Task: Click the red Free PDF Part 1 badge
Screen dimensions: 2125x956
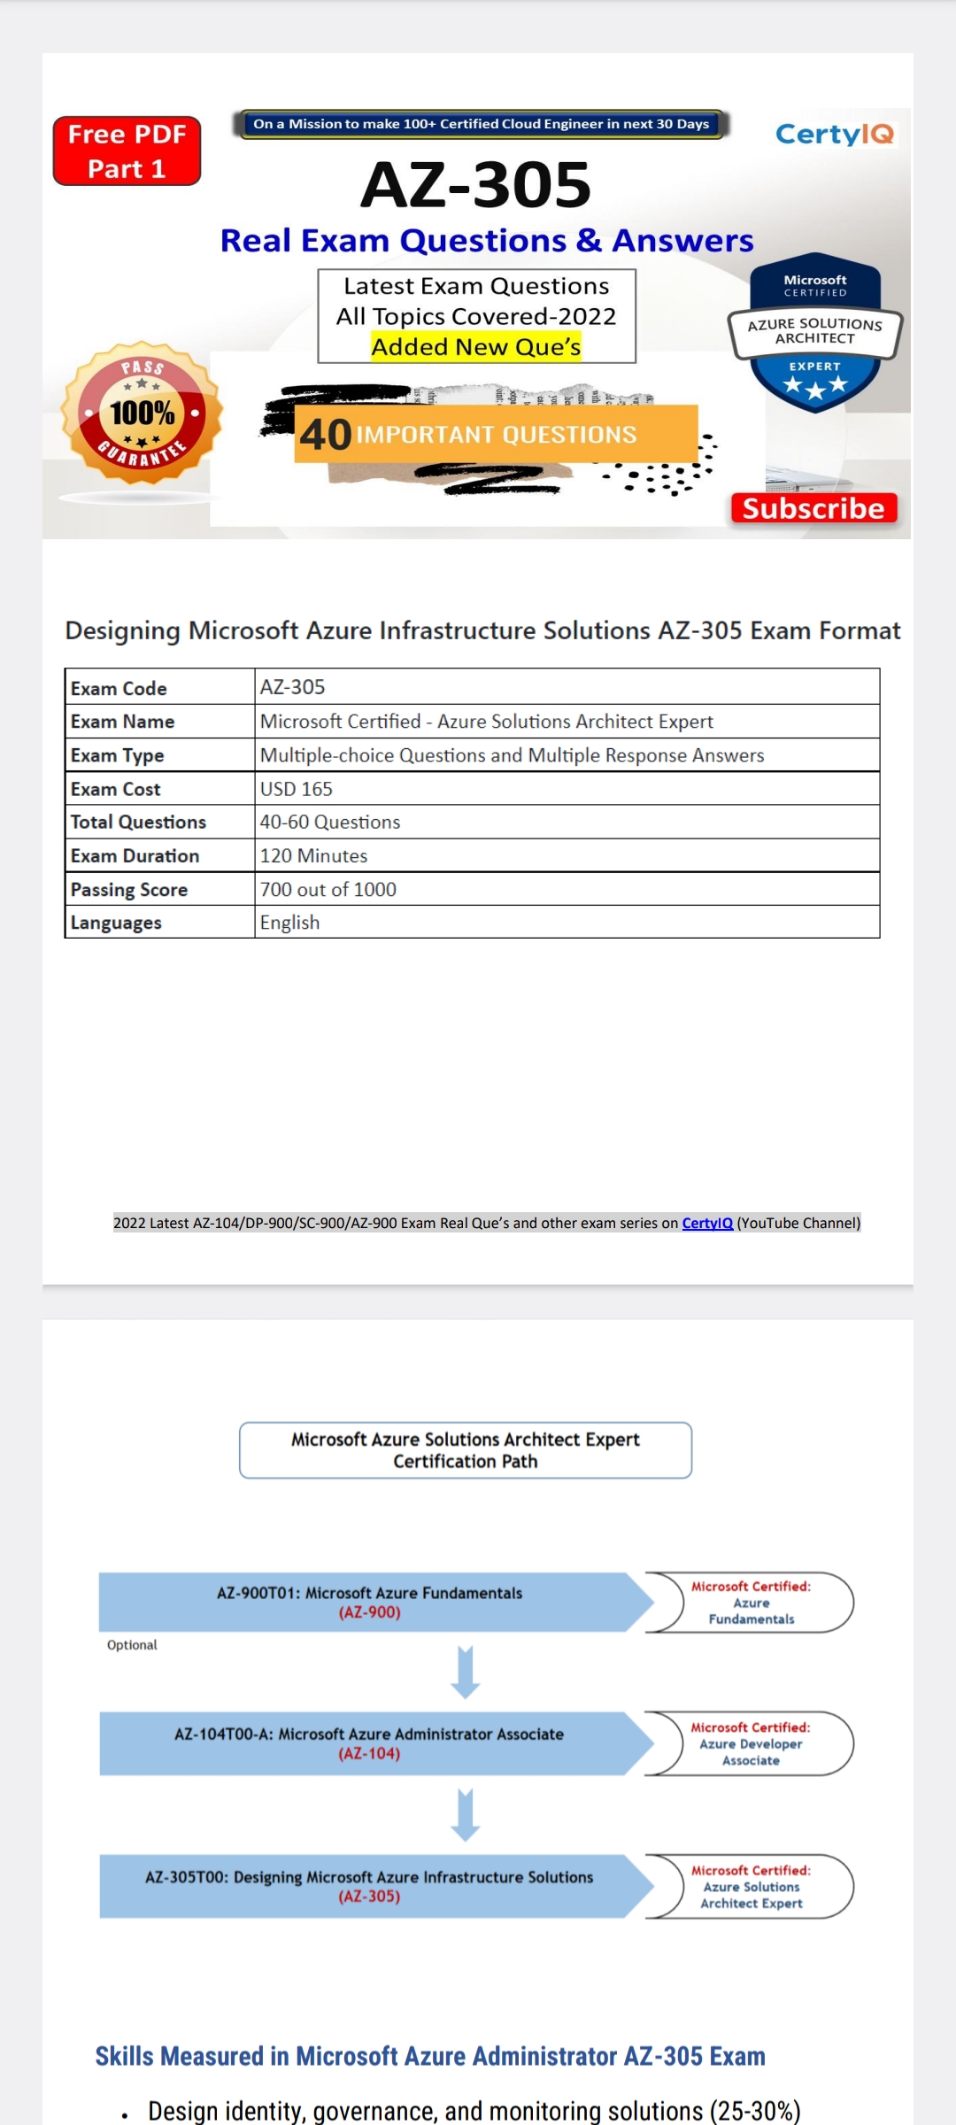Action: point(127,151)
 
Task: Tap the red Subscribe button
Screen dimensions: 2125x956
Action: point(813,508)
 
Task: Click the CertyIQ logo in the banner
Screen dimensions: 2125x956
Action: point(834,134)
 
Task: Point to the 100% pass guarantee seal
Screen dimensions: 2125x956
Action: point(142,413)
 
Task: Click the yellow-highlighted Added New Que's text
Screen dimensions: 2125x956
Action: point(476,347)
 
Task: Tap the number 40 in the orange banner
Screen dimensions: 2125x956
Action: point(326,435)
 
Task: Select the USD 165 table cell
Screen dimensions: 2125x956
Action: point(297,788)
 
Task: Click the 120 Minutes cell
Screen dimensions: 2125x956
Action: point(313,855)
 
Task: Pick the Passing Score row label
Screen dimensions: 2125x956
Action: point(129,889)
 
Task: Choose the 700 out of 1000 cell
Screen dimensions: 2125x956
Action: point(328,889)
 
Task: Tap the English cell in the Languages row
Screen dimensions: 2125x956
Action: point(289,923)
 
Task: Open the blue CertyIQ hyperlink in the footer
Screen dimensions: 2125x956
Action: point(707,1223)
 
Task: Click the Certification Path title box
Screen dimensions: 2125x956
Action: point(466,1450)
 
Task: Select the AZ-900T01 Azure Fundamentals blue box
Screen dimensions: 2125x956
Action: point(370,1602)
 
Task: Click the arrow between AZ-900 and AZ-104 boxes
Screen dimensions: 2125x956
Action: point(466,1672)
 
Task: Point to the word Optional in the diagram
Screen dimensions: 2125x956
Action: point(132,1645)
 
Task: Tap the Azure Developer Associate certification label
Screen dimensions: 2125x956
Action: point(751,1743)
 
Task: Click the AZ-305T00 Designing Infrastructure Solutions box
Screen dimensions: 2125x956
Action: point(370,1886)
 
